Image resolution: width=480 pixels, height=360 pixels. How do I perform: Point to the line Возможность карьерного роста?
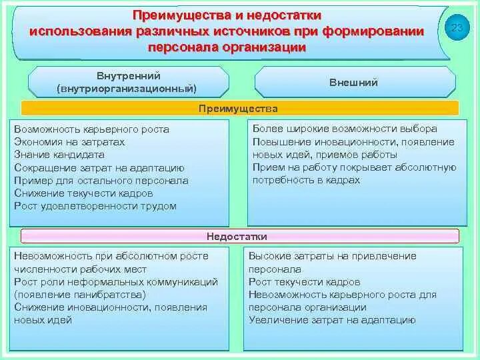[x=91, y=129]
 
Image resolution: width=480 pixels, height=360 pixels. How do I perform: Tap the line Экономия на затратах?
[x=69, y=142]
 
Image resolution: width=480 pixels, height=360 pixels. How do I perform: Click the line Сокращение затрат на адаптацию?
[x=99, y=168]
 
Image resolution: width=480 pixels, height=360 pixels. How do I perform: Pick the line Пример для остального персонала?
[x=101, y=181]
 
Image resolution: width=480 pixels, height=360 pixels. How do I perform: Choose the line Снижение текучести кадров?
[x=83, y=193]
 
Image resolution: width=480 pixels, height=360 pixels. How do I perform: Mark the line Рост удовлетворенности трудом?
[x=95, y=206]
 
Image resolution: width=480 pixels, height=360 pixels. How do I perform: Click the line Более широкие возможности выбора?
[x=345, y=129]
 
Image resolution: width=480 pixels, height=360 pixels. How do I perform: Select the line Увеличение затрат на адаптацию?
[x=332, y=320]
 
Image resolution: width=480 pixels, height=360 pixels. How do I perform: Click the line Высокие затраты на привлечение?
[x=332, y=256]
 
